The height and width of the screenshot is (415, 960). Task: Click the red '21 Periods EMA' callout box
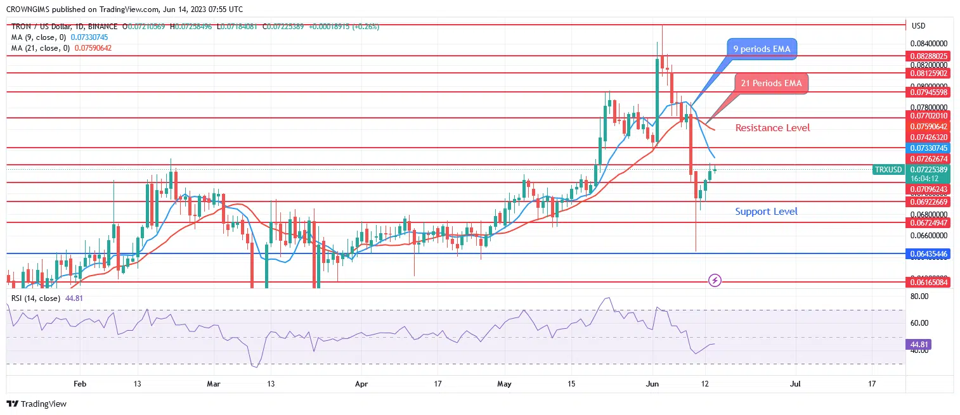pos(771,84)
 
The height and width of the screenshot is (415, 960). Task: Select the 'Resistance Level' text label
pos(772,128)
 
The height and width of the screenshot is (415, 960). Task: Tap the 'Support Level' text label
pos(766,212)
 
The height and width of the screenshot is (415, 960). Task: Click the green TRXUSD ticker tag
pos(888,170)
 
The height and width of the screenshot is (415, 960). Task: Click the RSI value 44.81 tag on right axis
pos(920,344)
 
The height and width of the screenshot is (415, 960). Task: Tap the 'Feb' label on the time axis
pos(79,384)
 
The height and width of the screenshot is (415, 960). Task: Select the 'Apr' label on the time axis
pos(361,384)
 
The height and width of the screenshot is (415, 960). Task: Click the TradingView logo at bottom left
pos(37,404)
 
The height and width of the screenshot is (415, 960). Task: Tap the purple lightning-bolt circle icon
pos(715,280)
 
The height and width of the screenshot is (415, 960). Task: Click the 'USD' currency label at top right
pos(918,26)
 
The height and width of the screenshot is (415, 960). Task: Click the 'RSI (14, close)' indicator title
pos(36,298)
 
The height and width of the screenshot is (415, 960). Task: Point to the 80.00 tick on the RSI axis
pos(920,296)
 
